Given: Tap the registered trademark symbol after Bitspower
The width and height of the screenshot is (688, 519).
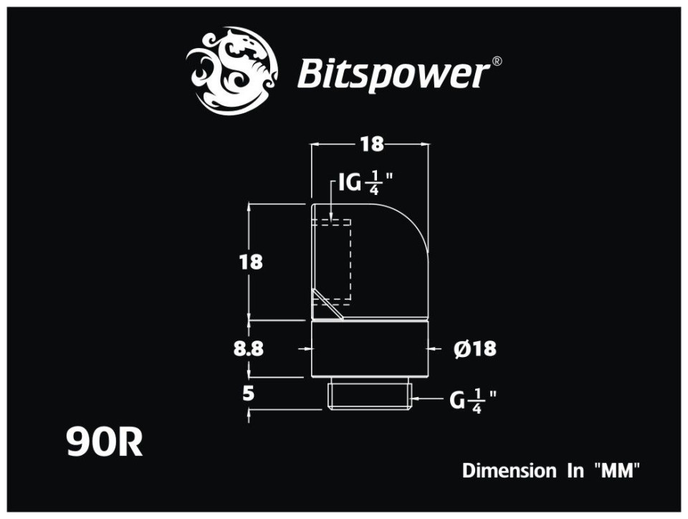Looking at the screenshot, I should tap(497, 62).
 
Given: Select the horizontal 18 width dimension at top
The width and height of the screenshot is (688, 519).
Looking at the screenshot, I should tap(371, 144).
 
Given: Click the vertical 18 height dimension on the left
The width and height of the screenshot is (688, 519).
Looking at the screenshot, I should tap(251, 262).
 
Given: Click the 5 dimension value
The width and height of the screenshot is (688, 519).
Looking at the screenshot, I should tap(249, 393).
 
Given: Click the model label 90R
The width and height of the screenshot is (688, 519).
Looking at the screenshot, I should tap(105, 442).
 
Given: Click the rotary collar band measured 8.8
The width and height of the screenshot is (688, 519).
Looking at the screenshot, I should tap(370, 349).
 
